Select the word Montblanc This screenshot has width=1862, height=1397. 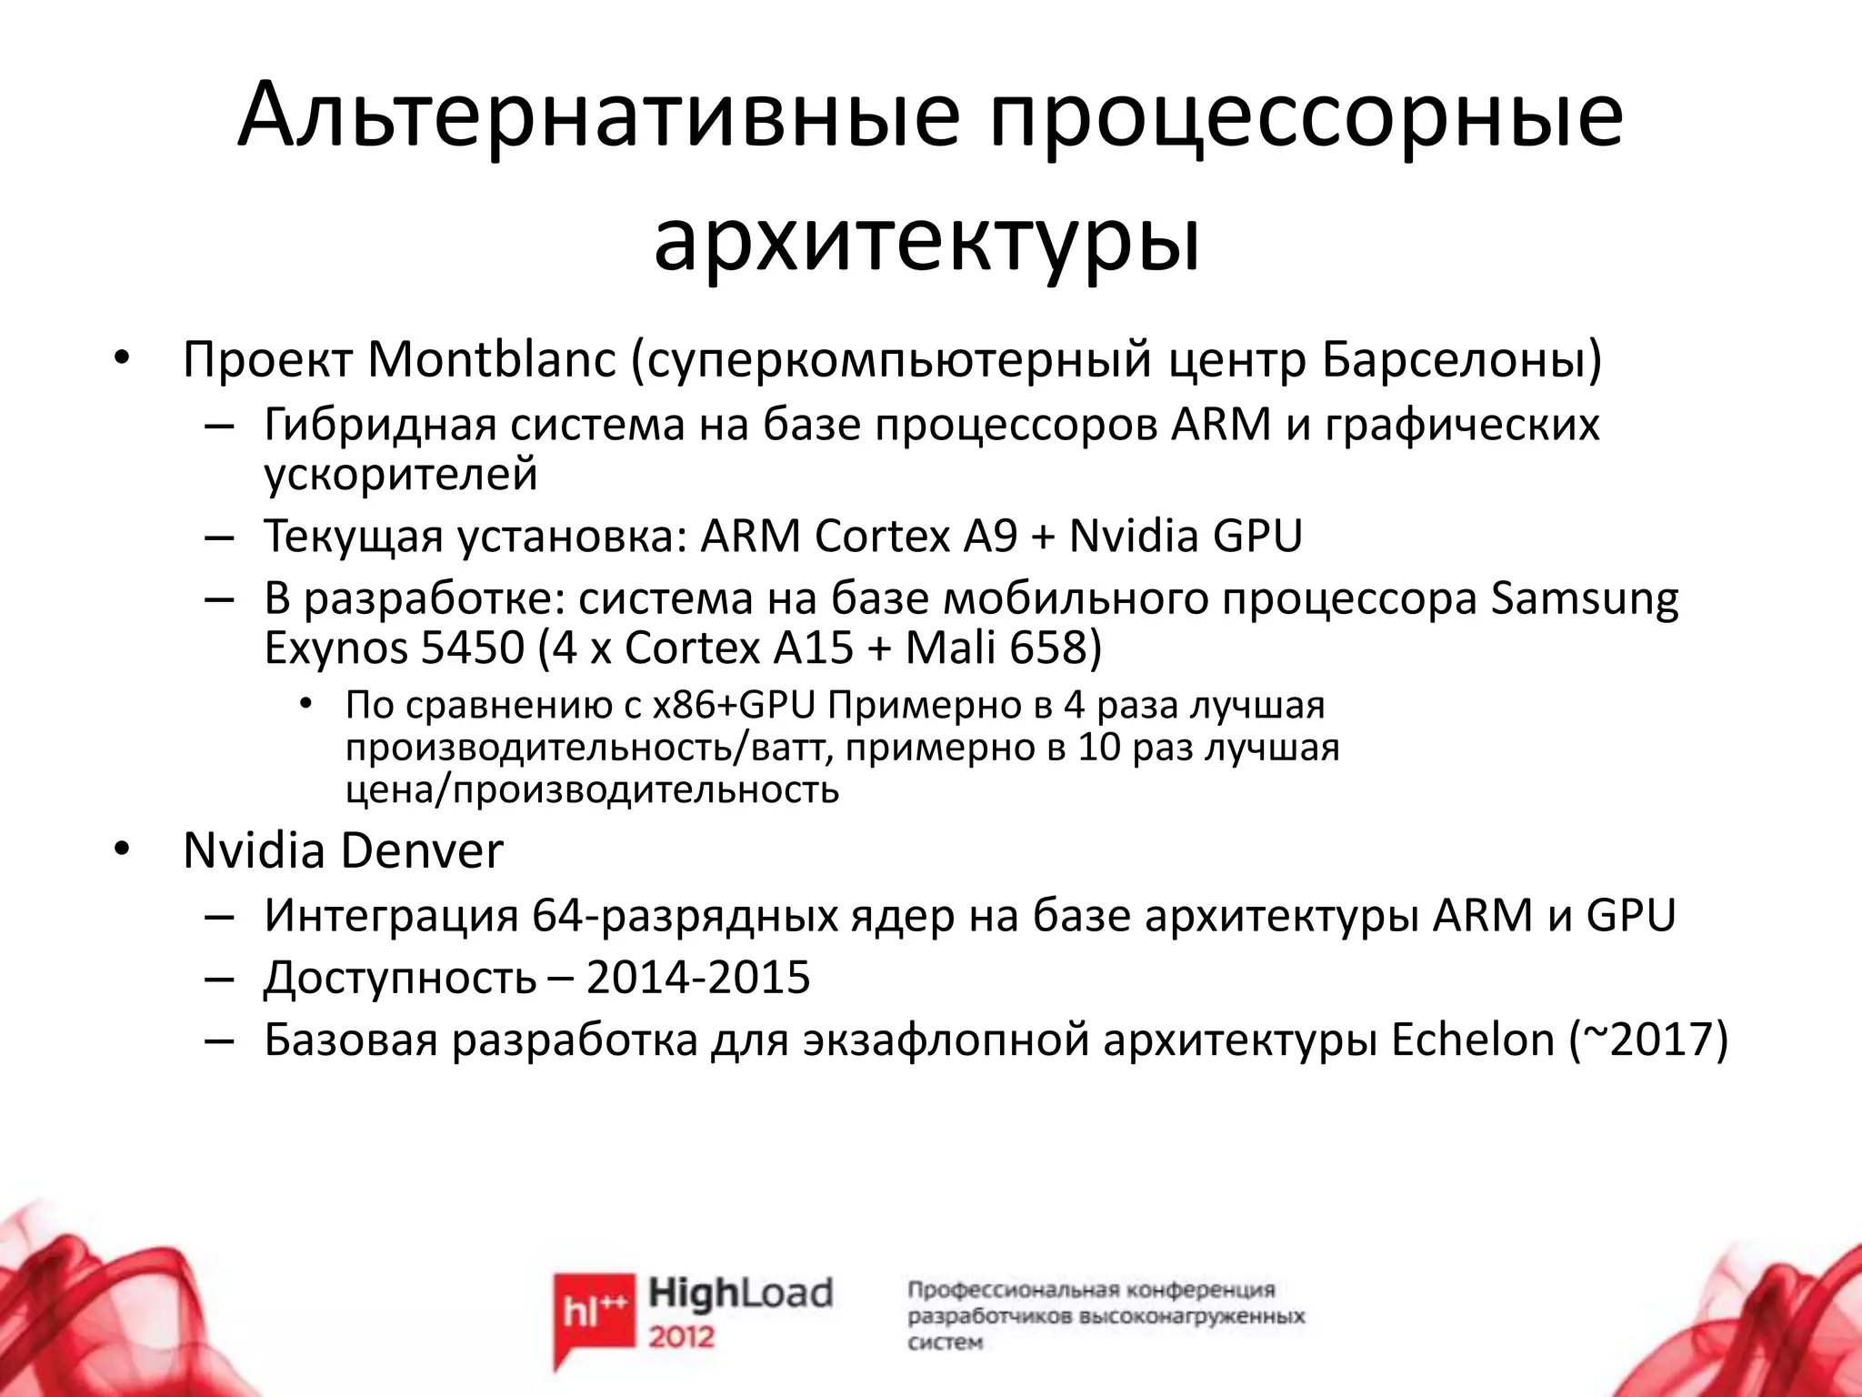[x=492, y=360]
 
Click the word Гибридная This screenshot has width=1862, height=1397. [x=381, y=426]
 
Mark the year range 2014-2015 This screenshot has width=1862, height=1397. [x=697, y=979]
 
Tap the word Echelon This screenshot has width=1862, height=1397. [x=1473, y=1040]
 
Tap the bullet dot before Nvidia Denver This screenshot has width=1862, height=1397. [x=122, y=849]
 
